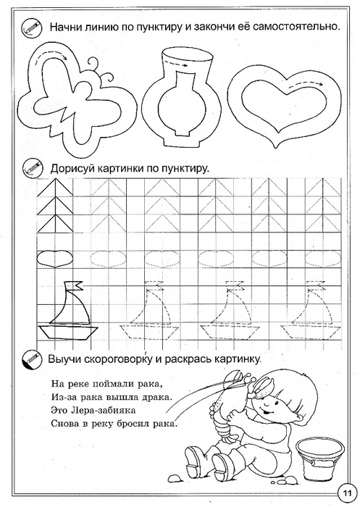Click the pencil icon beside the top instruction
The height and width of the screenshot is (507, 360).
point(32,28)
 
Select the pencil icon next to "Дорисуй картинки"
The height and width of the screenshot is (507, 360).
point(33,168)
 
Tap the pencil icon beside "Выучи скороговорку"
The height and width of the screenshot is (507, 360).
point(32,360)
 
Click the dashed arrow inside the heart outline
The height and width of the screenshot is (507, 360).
point(304,84)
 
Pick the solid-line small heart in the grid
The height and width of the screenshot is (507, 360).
point(55,259)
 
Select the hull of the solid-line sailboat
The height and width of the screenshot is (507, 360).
point(67,332)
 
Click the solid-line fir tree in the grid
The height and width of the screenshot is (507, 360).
point(55,206)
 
